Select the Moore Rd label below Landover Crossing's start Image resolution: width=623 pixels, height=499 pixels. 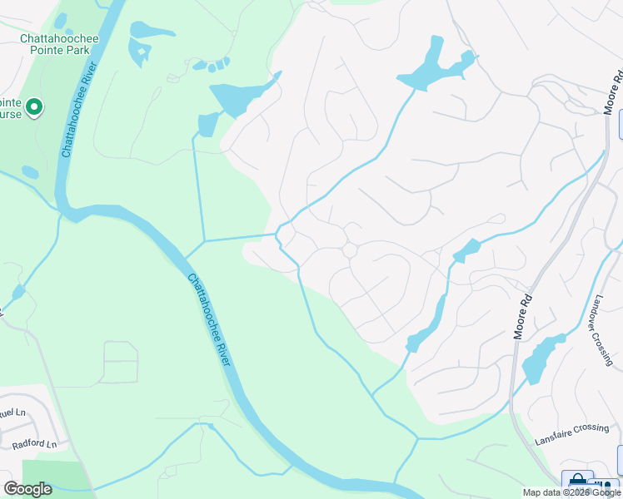click(521, 307)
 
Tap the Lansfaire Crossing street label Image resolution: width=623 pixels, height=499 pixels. click(572, 427)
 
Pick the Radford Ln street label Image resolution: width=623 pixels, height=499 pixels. click(34, 444)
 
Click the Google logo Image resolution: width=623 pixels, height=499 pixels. click(27, 489)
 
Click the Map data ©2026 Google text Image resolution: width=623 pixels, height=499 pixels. click(571, 492)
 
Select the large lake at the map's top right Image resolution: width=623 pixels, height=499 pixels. click(433, 67)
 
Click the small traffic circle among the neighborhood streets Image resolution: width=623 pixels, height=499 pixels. click(350, 249)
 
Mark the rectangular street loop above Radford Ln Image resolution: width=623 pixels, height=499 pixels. click(120, 362)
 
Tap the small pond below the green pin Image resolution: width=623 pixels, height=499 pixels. click(30, 173)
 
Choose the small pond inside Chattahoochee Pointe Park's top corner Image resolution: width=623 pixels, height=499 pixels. click(60, 20)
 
